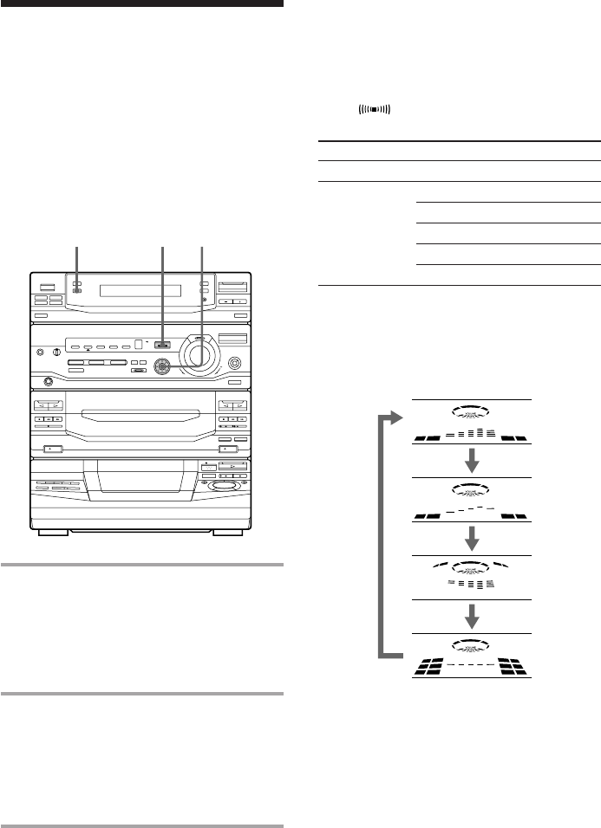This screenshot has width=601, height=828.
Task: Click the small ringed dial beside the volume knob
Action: pos(160,366)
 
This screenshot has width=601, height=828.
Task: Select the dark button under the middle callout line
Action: pos(162,346)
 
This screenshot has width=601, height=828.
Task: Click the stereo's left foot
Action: pos(54,532)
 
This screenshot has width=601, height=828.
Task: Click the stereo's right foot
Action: pos(227,532)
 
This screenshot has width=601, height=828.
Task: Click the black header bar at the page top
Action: pos(142,3)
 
